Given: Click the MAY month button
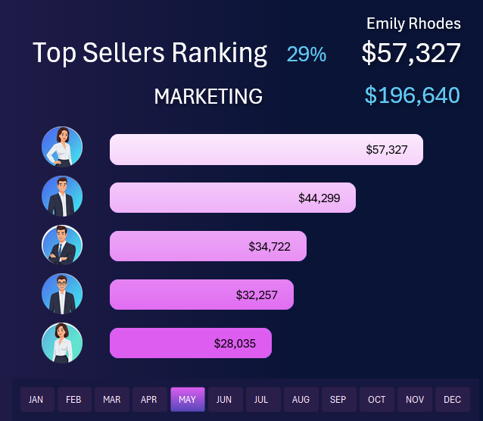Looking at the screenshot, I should [x=188, y=399].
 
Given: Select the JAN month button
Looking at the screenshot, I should [x=36, y=399].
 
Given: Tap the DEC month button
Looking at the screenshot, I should [x=452, y=399].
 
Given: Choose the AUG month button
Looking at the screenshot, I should [x=301, y=399].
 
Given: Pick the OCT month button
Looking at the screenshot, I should [x=376, y=399].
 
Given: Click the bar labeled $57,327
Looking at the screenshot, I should [x=266, y=149].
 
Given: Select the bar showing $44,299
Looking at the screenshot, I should [x=232, y=198].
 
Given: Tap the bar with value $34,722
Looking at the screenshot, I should [x=207, y=246].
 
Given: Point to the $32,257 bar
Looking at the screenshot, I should [x=201, y=295].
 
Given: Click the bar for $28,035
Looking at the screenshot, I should [x=190, y=343].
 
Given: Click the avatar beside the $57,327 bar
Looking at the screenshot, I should [x=62, y=147].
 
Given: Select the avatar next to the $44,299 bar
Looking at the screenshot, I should [x=62, y=196].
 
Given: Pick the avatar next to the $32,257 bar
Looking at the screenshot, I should [x=62, y=294].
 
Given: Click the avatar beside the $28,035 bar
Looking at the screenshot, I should [x=62, y=342].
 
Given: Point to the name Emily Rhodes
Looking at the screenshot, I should [x=413, y=23].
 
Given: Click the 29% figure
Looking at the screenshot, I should [x=307, y=54].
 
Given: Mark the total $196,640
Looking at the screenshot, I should [x=412, y=95].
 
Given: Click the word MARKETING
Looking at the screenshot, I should [x=208, y=96].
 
